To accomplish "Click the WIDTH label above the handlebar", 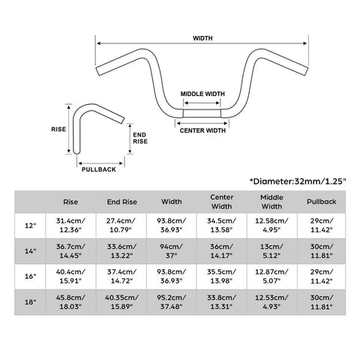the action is (x=202, y=38).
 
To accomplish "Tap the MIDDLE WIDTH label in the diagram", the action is (x=202, y=94).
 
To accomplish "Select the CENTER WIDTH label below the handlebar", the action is (x=202, y=130).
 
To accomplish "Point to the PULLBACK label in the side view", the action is (x=99, y=169).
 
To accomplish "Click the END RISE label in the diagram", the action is (x=140, y=138).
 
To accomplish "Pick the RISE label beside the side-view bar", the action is (x=58, y=129).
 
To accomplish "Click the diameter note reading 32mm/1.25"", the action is (x=298, y=181).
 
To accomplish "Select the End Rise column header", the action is (x=122, y=202).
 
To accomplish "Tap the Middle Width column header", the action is (x=271, y=202).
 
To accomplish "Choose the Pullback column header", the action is (x=322, y=202).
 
